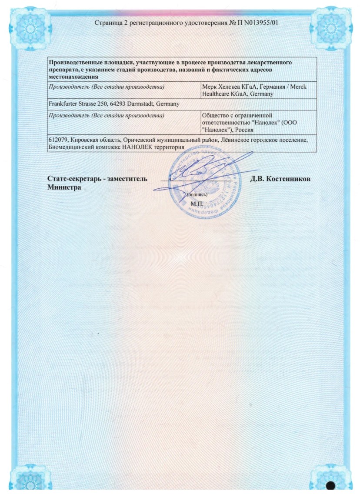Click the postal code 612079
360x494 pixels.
[58, 140]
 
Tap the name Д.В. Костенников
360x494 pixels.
[280, 179]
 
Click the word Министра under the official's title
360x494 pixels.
[64, 187]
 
